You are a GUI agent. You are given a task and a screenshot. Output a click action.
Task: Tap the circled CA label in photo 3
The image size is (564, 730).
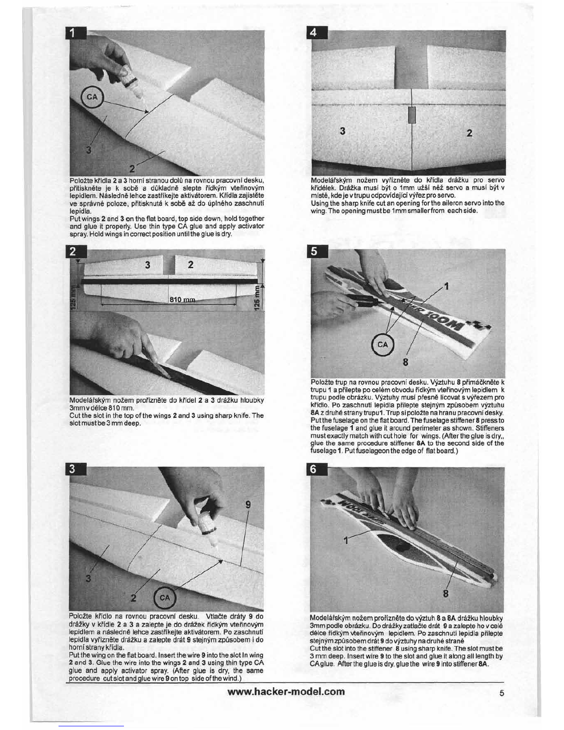tap(164, 598)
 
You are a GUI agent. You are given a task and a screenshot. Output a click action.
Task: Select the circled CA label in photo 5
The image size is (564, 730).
tap(382, 345)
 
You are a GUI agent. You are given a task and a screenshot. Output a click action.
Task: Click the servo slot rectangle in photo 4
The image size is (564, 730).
tap(412, 116)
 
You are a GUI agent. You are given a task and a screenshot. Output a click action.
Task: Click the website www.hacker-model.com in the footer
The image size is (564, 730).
tap(286, 692)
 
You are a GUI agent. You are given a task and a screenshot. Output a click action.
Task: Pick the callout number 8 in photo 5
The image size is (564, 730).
tap(405, 362)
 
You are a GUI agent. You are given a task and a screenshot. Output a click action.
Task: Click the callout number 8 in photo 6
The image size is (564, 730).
tap(446, 594)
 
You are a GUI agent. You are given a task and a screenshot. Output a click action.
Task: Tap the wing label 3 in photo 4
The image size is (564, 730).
tap(342, 131)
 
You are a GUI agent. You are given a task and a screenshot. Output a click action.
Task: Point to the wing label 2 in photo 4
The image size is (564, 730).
tap(469, 133)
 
